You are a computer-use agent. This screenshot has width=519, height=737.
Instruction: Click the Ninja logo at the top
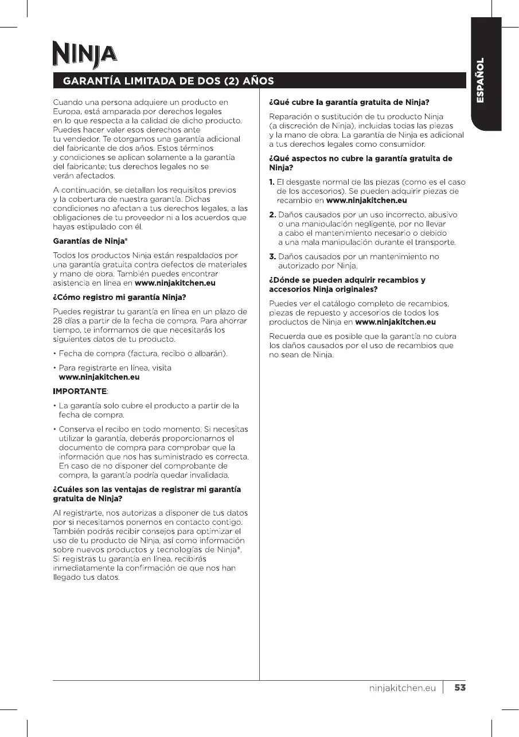click(x=84, y=55)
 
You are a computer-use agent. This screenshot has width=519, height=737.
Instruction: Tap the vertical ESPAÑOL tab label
click(x=481, y=80)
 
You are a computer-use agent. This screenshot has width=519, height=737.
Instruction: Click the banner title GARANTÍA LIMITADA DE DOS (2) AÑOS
click(x=168, y=80)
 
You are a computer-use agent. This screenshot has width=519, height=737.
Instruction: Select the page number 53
click(x=460, y=688)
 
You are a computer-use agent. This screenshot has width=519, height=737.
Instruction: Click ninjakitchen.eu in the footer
click(x=403, y=688)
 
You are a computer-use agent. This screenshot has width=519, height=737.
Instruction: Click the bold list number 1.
click(x=272, y=182)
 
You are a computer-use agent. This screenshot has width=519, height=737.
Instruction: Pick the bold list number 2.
click(x=273, y=215)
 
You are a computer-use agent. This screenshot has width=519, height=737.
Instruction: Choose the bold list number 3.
click(x=273, y=256)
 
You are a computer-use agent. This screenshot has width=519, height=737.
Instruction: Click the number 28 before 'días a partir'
click(x=58, y=321)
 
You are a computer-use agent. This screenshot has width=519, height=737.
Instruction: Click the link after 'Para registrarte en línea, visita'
click(x=99, y=377)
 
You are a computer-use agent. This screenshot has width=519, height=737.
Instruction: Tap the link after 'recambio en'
click(x=366, y=200)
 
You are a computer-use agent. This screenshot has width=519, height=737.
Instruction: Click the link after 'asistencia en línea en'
click(x=175, y=283)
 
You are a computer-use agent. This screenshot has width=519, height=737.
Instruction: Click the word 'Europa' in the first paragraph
click(x=67, y=111)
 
